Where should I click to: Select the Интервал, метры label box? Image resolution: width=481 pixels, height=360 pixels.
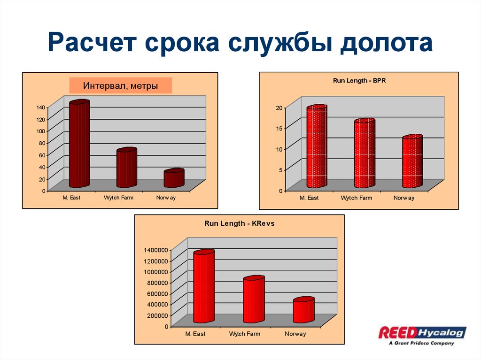121,86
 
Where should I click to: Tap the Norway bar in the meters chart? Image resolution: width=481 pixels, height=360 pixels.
174,178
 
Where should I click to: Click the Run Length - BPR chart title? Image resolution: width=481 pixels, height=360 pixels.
359,81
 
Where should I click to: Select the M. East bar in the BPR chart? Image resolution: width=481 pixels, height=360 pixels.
316,146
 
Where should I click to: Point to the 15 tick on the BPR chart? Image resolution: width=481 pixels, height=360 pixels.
279,129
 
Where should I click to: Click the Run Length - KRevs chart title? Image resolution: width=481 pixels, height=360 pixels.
239,224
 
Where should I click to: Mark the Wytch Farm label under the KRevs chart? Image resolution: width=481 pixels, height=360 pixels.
244,334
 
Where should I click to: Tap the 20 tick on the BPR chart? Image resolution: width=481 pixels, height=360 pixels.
279,108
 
